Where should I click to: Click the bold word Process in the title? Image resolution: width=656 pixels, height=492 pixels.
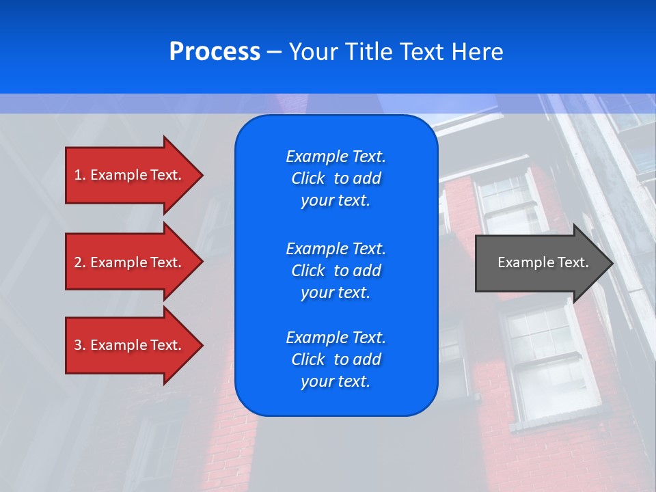point(215,52)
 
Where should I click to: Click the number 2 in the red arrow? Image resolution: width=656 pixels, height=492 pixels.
point(78,262)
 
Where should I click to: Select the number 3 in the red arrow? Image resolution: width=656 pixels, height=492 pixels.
point(78,345)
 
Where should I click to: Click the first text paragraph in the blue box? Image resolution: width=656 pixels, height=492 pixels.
point(336,178)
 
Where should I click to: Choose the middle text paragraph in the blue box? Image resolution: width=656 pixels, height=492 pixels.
point(336,270)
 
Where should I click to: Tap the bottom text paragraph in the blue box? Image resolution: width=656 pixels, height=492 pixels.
point(336,359)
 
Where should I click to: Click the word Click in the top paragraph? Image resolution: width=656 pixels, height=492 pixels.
point(308,178)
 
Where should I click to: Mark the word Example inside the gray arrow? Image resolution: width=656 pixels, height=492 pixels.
point(521,262)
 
